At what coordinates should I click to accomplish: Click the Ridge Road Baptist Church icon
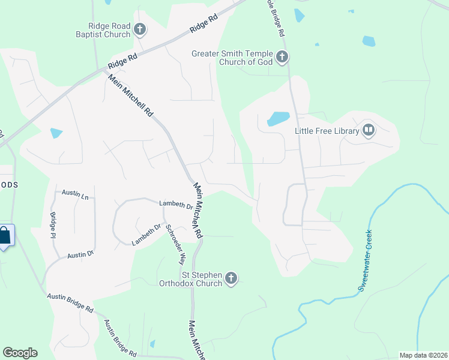[140, 29]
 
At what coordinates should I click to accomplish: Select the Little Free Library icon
[368, 130]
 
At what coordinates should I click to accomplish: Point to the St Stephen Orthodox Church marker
[232, 278]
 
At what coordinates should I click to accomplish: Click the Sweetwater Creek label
[366, 261]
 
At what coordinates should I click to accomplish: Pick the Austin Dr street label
[80, 254]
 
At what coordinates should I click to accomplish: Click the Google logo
[20, 353]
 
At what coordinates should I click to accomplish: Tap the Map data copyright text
[423, 355]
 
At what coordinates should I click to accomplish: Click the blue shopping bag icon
[5, 236]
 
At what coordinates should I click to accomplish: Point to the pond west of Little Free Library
[278, 118]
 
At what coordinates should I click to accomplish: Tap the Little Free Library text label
[327, 131]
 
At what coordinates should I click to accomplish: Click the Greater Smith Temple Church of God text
[232, 58]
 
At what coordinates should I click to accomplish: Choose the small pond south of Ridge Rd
[56, 133]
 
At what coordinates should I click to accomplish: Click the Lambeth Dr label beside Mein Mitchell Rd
[175, 205]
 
